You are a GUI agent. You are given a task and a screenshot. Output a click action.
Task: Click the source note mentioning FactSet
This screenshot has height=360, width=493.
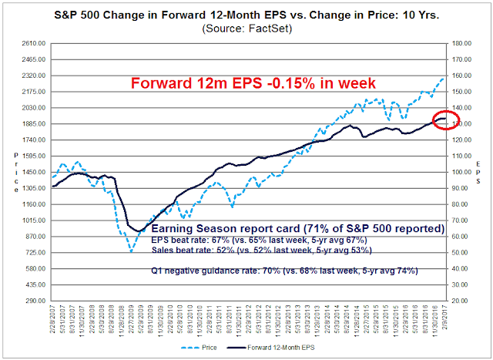(246, 29)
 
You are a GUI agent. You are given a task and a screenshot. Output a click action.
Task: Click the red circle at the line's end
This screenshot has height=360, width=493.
(448, 120)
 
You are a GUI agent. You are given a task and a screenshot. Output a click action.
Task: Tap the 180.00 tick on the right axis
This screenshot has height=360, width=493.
(461, 43)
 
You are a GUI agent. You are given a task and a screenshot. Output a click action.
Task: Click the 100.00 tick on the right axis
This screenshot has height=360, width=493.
(461, 172)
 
